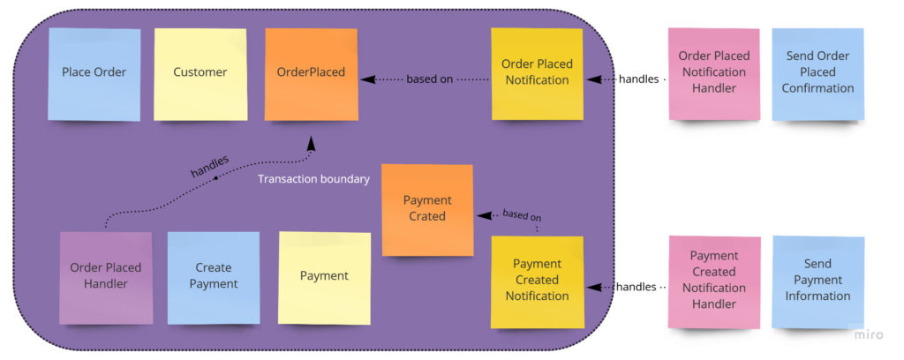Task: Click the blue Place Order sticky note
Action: [x=94, y=73]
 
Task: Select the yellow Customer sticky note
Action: [x=200, y=73]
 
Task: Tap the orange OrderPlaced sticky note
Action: [x=311, y=73]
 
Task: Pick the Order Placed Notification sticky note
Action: [x=537, y=73]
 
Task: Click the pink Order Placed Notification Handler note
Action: [x=713, y=72]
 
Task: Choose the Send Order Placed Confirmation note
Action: [x=818, y=72]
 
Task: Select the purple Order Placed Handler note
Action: [x=106, y=276]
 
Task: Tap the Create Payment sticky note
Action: [x=214, y=276]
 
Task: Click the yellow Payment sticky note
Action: [x=324, y=276]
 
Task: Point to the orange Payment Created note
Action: [x=427, y=209]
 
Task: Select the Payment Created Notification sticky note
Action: [x=537, y=281]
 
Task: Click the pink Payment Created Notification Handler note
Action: [x=713, y=281]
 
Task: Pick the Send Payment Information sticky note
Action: [x=817, y=281]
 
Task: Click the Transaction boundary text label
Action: [x=313, y=179]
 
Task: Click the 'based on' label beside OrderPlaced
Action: [x=430, y=79]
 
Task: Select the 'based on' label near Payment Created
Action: [x=522, y=214]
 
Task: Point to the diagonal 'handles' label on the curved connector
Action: [x=209, y=166]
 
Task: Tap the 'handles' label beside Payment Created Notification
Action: [x=636, y=287]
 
